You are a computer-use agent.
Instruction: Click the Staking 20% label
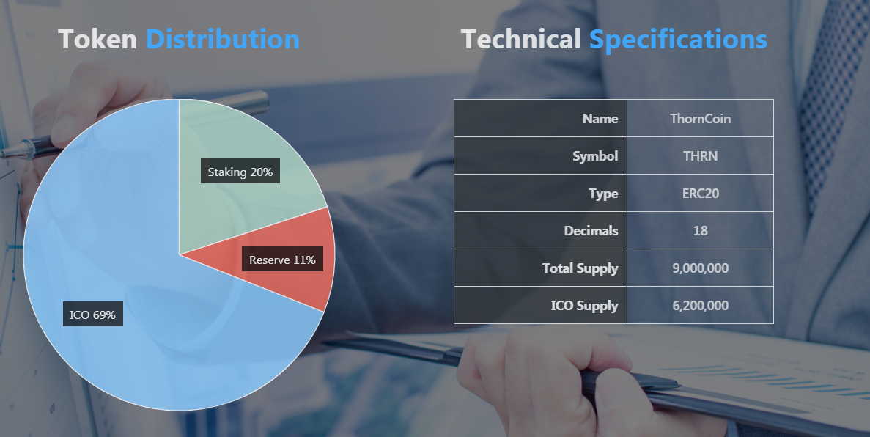click(240, 172)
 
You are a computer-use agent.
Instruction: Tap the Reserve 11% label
click(282, 260)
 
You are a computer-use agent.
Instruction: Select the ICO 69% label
click(92, 315)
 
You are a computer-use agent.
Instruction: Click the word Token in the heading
click(97, 40)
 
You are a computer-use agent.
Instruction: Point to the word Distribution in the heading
click(223, 40)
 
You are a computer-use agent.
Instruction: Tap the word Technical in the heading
click(521, 40)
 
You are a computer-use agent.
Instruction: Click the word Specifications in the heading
click(678, 40)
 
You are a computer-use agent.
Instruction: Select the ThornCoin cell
click(700, 118)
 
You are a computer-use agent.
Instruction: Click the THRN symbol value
click(700, 156)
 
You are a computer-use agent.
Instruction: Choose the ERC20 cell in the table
click(700, 194)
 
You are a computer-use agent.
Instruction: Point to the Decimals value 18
click(700, 230)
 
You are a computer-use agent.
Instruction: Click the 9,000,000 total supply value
click(700, 268)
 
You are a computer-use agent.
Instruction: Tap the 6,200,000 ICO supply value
click(700, 306)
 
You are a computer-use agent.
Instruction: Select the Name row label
click(600, 118)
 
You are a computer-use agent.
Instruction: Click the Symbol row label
click(595, 156)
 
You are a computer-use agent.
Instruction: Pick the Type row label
click(603, 194)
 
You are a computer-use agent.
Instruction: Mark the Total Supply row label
click(580, 268)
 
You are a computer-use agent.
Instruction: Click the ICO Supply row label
click(584, 306)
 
